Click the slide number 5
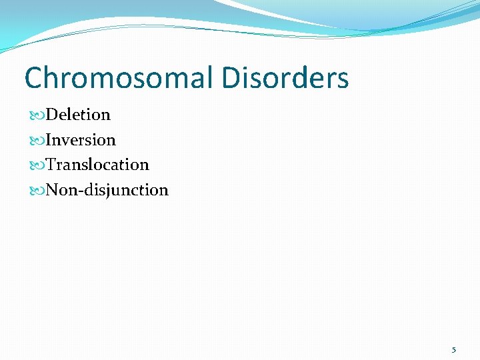(x=454, y=349)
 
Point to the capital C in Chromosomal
(x=34, y=78)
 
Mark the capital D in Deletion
(x=53, y=115)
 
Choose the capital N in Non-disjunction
(x=53, y=190)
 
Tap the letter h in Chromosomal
(x=53, y=78)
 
